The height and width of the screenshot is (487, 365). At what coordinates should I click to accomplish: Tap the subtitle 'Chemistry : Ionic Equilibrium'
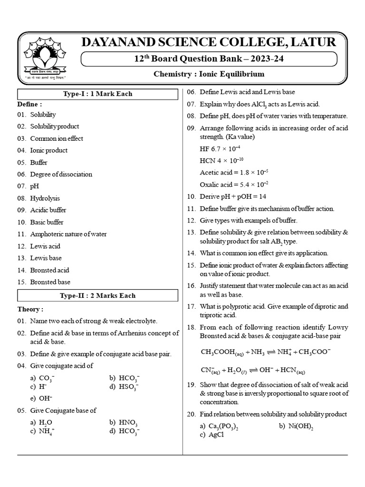209,74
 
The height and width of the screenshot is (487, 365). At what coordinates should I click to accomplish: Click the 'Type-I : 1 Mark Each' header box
98,94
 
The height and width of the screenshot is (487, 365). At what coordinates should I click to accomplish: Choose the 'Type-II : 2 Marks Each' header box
98,295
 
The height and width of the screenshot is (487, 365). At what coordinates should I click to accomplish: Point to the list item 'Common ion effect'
57,138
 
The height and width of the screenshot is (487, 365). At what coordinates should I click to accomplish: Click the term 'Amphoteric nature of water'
68,234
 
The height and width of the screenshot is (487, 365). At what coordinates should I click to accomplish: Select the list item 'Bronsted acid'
49,270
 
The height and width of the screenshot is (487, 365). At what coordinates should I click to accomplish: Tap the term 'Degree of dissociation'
61,174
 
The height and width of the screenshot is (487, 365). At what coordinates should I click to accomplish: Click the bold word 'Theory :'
30,309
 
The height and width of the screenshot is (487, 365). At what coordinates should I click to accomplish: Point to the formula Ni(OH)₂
300,426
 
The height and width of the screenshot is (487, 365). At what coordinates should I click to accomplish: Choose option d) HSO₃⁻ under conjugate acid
128,388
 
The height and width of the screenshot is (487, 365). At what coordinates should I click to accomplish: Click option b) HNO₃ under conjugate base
128,422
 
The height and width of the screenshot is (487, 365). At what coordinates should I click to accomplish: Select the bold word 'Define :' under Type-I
30,104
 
